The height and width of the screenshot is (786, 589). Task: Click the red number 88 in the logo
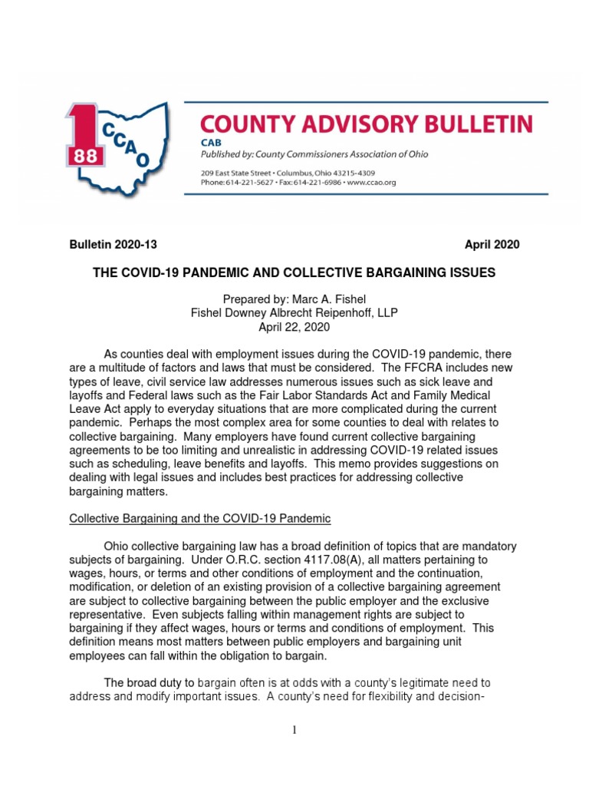click(79, 156)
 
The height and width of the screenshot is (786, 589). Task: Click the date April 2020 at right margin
click(492, 245)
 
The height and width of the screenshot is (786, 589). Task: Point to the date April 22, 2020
click(294, 327)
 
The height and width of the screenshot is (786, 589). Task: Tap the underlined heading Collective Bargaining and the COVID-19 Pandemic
click(200, 519)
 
